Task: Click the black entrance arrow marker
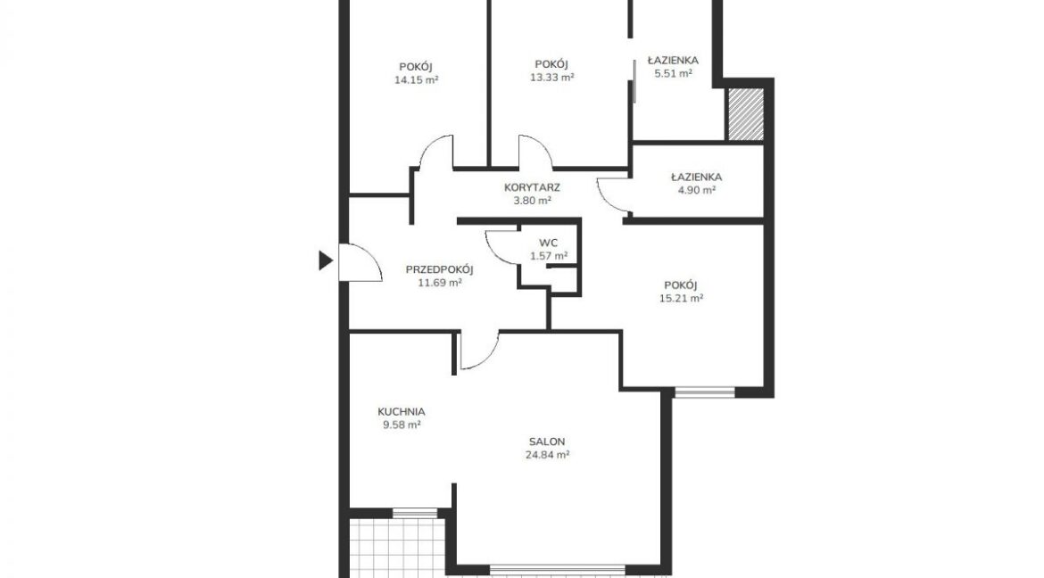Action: [x=325, y=260]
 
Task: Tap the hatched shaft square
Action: [x=746, y=114]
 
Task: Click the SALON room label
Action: [x=547, y=442]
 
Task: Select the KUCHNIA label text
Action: [x=402, y=411]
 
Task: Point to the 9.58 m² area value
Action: [x=402, y=425]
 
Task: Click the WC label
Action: [x=549, y=243]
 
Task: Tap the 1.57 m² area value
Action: [x=549, y=256]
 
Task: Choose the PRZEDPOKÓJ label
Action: [x=439, y=269]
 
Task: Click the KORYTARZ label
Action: [x=532, y=188]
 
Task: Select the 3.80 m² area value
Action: [x=532, y=201]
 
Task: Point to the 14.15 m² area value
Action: [x=416, y=80]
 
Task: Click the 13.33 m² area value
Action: [x=552, y=78]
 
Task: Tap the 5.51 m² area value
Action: [x=673, y=73]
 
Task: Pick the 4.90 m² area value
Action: [x=696, y=191]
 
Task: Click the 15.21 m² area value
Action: [x=681, y=298]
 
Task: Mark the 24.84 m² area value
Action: [x=547, y=456]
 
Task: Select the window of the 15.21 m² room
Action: [x=704, y=392]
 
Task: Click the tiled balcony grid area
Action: [x=397, y=548]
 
